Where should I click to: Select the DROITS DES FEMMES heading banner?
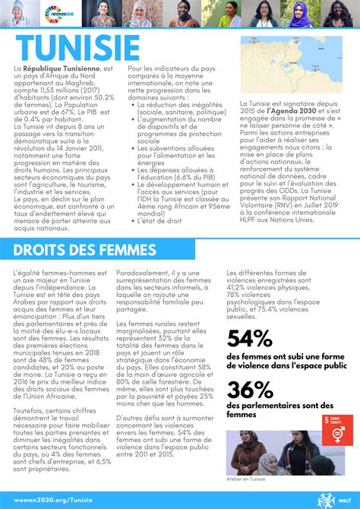click(x=85, y=250)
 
